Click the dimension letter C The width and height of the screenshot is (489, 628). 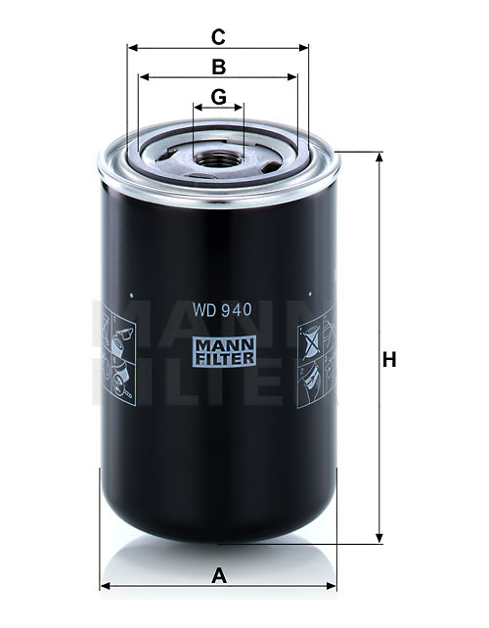click(x=218, y=37)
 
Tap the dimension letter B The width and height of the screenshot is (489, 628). click(x=219, y=67)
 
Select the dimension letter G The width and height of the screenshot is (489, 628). click(x=219, y=97)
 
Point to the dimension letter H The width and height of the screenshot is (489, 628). click(x=389, y=359)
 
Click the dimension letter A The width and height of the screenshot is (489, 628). click(x=219, y=576)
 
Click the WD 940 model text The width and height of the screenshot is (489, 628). click(x=222, y=309)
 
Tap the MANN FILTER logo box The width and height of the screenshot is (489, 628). click(x=224, y=351)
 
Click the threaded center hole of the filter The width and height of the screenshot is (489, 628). click(x=219, y=160)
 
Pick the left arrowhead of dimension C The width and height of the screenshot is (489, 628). click(x=133, y=48)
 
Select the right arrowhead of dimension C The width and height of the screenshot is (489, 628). click(x=303, y=48)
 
